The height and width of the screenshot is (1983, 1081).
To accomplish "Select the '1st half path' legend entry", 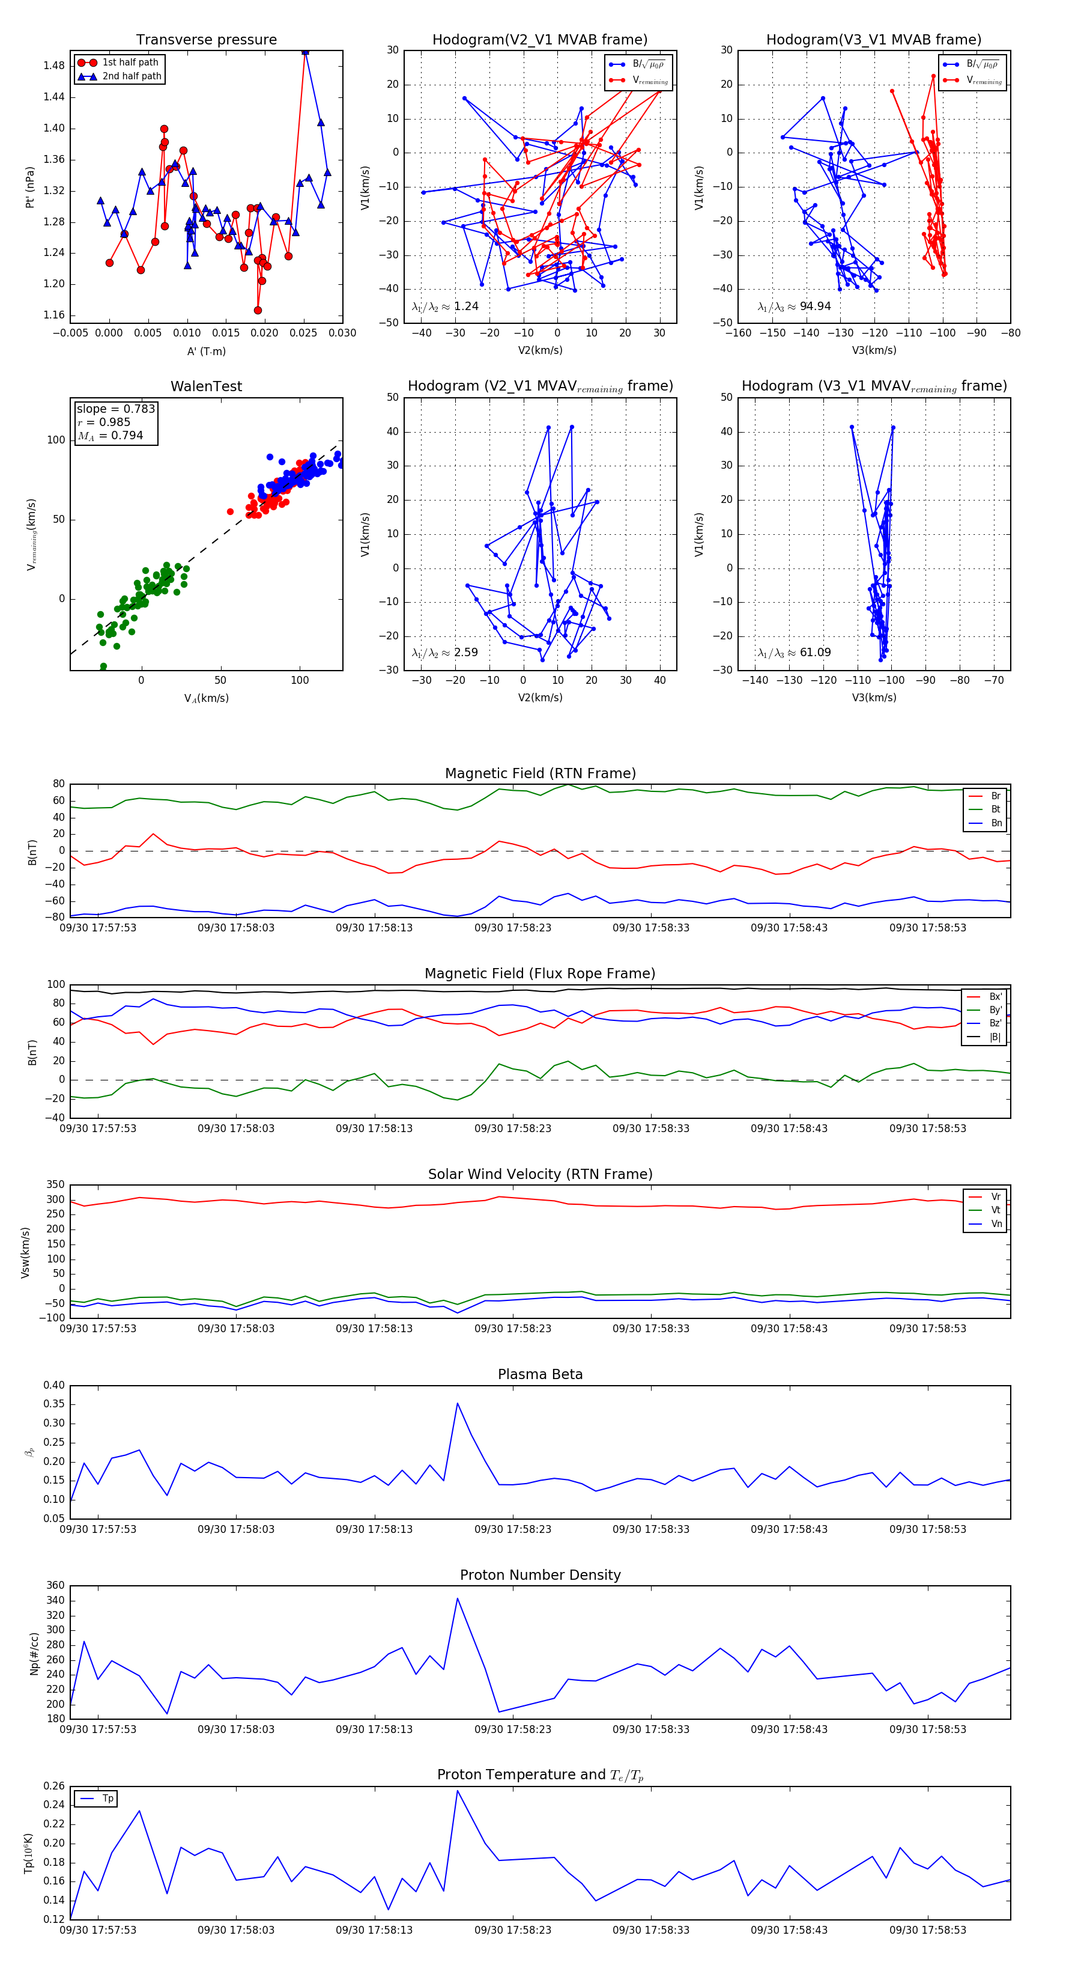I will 129,62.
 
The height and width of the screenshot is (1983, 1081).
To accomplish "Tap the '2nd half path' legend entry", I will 131,76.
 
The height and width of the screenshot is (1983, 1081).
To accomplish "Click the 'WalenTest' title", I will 206,386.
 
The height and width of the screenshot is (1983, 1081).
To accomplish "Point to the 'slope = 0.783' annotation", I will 115,409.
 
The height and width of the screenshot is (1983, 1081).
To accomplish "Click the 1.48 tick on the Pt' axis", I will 54,65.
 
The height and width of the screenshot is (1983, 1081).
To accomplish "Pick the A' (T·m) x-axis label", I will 206,352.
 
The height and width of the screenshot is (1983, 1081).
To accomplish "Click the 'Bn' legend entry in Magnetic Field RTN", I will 996,823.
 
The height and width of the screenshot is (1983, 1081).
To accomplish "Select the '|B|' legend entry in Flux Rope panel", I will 995,1037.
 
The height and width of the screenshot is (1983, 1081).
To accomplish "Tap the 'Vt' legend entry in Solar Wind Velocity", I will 996,1210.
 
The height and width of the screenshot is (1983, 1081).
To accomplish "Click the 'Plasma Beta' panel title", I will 540,1374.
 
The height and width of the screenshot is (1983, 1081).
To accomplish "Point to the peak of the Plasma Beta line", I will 457,1403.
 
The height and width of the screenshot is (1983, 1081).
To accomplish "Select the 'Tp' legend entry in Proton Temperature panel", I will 107,1799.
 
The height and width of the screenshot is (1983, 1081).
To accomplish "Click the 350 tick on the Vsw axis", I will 55,1185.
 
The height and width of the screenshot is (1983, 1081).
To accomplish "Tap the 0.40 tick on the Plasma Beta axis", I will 54,1385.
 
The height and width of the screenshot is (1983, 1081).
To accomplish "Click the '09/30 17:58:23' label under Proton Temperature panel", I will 512,1930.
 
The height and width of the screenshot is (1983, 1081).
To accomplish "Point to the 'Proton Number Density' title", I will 540,1575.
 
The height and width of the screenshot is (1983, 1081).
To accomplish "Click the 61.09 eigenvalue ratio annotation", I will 815,652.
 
